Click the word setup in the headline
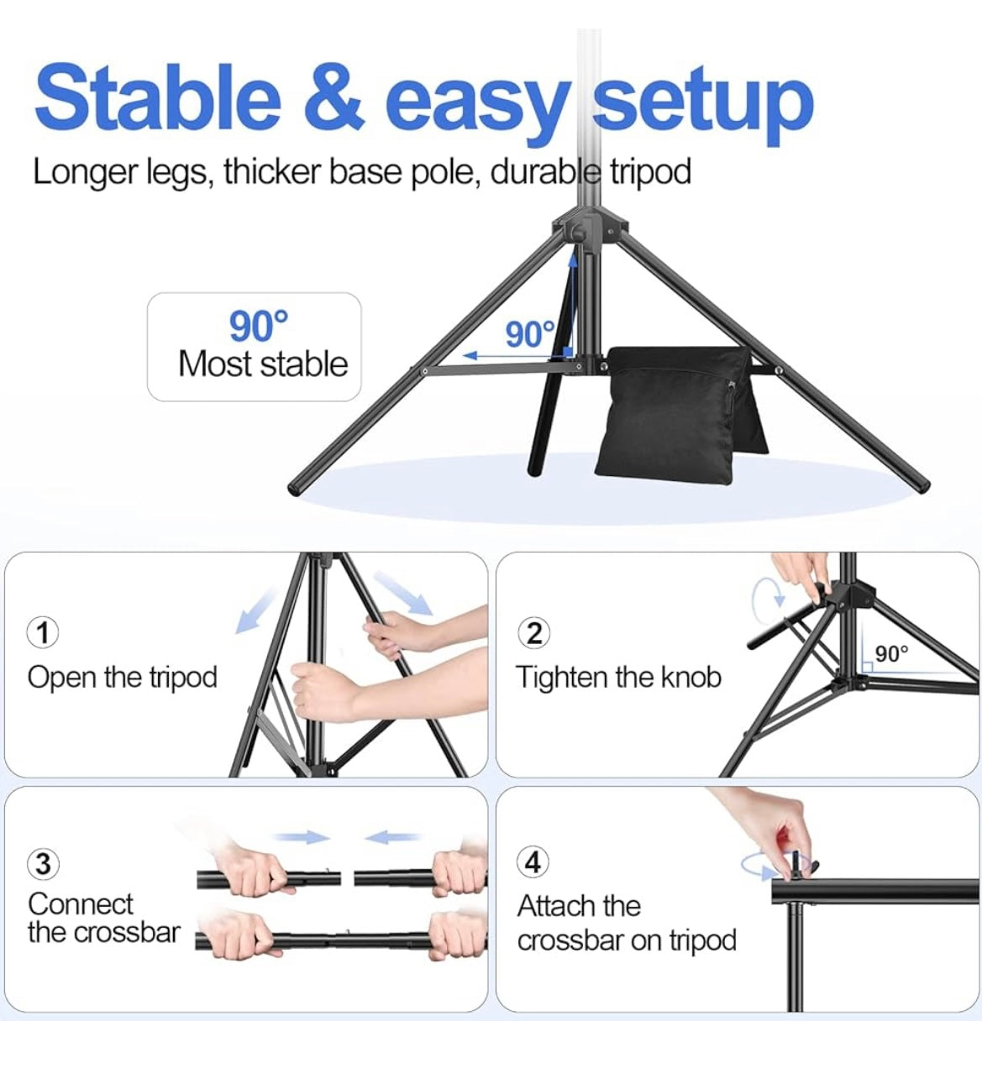703,106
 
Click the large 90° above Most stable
258,327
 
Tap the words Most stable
263,364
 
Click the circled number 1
43,632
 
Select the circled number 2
533,633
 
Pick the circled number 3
43,864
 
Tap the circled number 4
533,862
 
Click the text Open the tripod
122,678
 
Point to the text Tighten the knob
618,677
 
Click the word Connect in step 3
80,904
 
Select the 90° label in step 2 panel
891,654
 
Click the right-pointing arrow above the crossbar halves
302,837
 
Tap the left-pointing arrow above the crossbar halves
392,837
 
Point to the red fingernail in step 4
784,837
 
